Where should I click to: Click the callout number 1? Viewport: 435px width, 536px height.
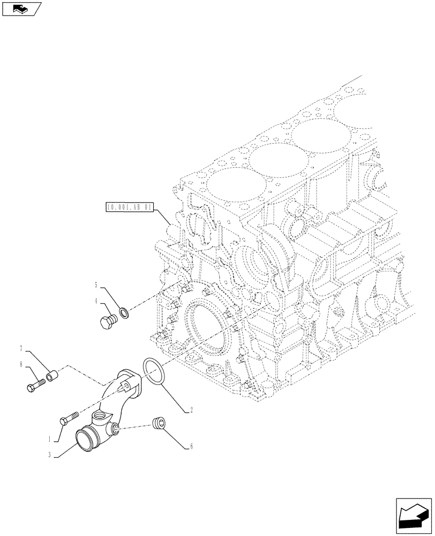coord(50,438)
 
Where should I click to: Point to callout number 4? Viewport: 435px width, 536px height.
coord(96,301)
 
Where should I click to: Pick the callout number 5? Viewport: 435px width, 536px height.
coord(96,285)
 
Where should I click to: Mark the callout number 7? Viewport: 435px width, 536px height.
coord(21,349)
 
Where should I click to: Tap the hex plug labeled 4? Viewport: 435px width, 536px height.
coord(108,322)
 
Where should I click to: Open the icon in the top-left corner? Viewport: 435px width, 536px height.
coord(22,9)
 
